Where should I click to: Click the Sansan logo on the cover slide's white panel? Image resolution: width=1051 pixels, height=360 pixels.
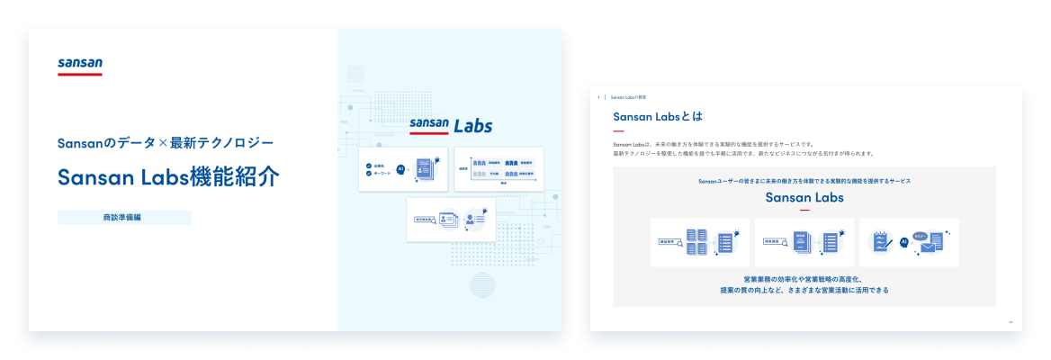point(80,63)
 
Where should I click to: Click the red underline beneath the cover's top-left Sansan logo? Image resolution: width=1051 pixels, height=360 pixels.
point(80,74)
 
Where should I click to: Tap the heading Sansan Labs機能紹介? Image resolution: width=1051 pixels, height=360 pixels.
point(168,177)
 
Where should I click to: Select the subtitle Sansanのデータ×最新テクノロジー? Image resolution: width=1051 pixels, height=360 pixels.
point(165,142)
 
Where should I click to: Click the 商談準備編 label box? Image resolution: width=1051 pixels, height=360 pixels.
point(124,217)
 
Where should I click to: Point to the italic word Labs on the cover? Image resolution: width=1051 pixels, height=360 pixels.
point(472,125)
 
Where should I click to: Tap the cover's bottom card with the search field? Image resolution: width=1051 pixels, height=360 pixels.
point(451,219)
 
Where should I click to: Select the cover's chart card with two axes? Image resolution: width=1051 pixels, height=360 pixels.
point(499,167)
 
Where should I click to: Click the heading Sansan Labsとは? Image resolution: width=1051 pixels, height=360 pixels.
point(657,116)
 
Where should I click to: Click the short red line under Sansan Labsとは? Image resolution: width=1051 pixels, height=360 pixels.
point(618,131)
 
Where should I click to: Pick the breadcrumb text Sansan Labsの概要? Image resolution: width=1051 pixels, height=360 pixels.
point(628,96)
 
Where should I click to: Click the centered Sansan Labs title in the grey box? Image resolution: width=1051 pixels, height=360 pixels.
point(804,197)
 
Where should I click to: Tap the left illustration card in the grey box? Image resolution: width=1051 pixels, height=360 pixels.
point(699,242)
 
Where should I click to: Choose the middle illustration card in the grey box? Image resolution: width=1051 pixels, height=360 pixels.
point(804,242)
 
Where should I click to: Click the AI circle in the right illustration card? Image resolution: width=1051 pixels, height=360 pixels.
point(903,242)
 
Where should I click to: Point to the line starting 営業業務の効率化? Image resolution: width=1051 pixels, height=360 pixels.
point(804,279)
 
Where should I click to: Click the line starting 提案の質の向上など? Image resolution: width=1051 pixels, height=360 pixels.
point(804,290)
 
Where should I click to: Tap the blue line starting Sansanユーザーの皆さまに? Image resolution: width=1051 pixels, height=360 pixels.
point(804,181)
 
